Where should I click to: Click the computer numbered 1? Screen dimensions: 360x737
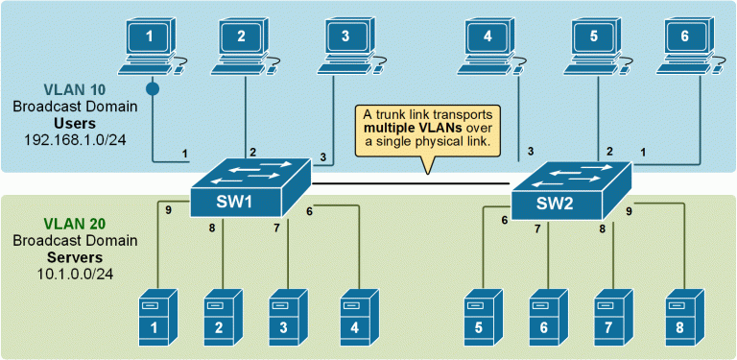(149, 43)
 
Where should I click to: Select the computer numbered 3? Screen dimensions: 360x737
(345, 43)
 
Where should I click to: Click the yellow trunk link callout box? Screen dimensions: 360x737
(428, 128)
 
